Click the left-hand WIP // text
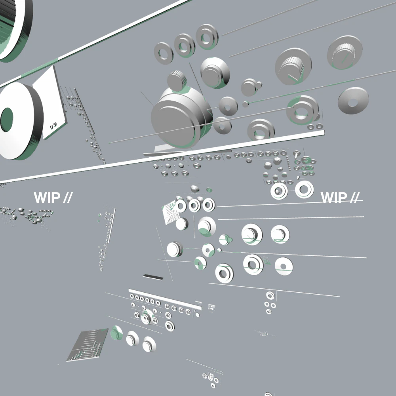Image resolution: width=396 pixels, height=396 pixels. (x=53, y=197)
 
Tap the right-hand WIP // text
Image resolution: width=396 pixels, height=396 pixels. (x=340, y=197)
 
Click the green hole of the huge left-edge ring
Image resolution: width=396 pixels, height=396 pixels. (x=7, y=120)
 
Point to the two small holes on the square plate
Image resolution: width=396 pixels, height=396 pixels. (x=53, y=125)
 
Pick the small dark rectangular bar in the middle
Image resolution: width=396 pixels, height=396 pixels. (x=153, y=277)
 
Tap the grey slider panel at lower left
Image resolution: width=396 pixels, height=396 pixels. (x=87, y=345)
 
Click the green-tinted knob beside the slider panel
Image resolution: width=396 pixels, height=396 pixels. (x=116, y=333)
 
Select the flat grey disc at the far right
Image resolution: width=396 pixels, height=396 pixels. (x=353, y=101)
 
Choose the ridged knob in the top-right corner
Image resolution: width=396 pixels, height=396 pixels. (x=345, y=53)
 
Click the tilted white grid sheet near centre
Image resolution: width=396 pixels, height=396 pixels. (x=171, y=211)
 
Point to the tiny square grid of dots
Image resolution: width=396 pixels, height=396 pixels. (x=211, y=307)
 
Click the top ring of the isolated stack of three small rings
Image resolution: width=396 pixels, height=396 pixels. (x=270, y=295)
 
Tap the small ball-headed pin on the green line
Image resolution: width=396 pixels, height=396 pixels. (x=246, y=104)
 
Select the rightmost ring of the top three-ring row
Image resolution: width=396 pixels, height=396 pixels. (x=207, y=36)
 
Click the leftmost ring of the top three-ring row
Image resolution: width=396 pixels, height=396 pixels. (x=164, y=53)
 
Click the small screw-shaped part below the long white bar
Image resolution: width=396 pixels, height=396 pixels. (x=296, y=154)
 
